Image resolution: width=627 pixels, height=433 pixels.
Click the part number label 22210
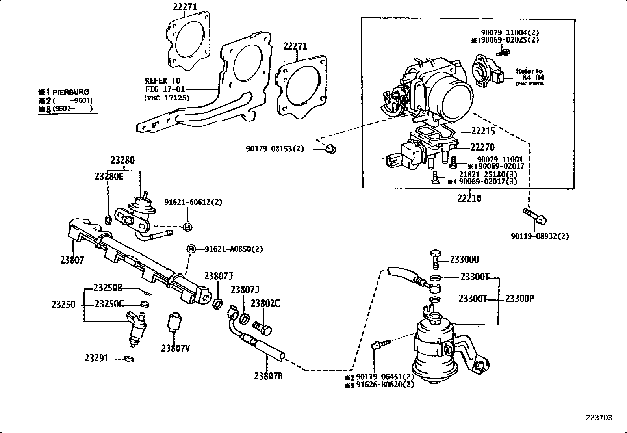click(469, 198)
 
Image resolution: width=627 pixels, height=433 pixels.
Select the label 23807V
click(175, 348)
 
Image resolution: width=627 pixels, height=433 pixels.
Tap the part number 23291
click(96, 359)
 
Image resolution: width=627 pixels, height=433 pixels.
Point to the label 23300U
click(464, 260)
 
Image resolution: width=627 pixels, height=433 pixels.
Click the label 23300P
click(519, 298)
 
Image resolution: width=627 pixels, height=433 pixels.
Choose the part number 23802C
click(265, 303)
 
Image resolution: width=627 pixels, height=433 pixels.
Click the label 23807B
click(268, 376)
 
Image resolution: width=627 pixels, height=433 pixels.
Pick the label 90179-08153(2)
click(275, 149)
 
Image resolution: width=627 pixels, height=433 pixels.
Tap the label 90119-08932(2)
click(540, 236)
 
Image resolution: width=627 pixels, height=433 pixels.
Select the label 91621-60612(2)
click(193, 202)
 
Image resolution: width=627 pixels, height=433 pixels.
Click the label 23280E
click(109, 176)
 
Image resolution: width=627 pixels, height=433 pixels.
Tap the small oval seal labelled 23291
click(128, 359)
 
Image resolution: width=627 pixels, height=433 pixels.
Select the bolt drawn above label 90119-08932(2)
click(534, 216)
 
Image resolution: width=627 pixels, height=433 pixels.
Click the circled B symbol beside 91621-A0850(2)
click(191, 249)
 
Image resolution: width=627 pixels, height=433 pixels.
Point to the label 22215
click(483, 131)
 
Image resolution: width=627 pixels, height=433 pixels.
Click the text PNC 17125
click(167, 98)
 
